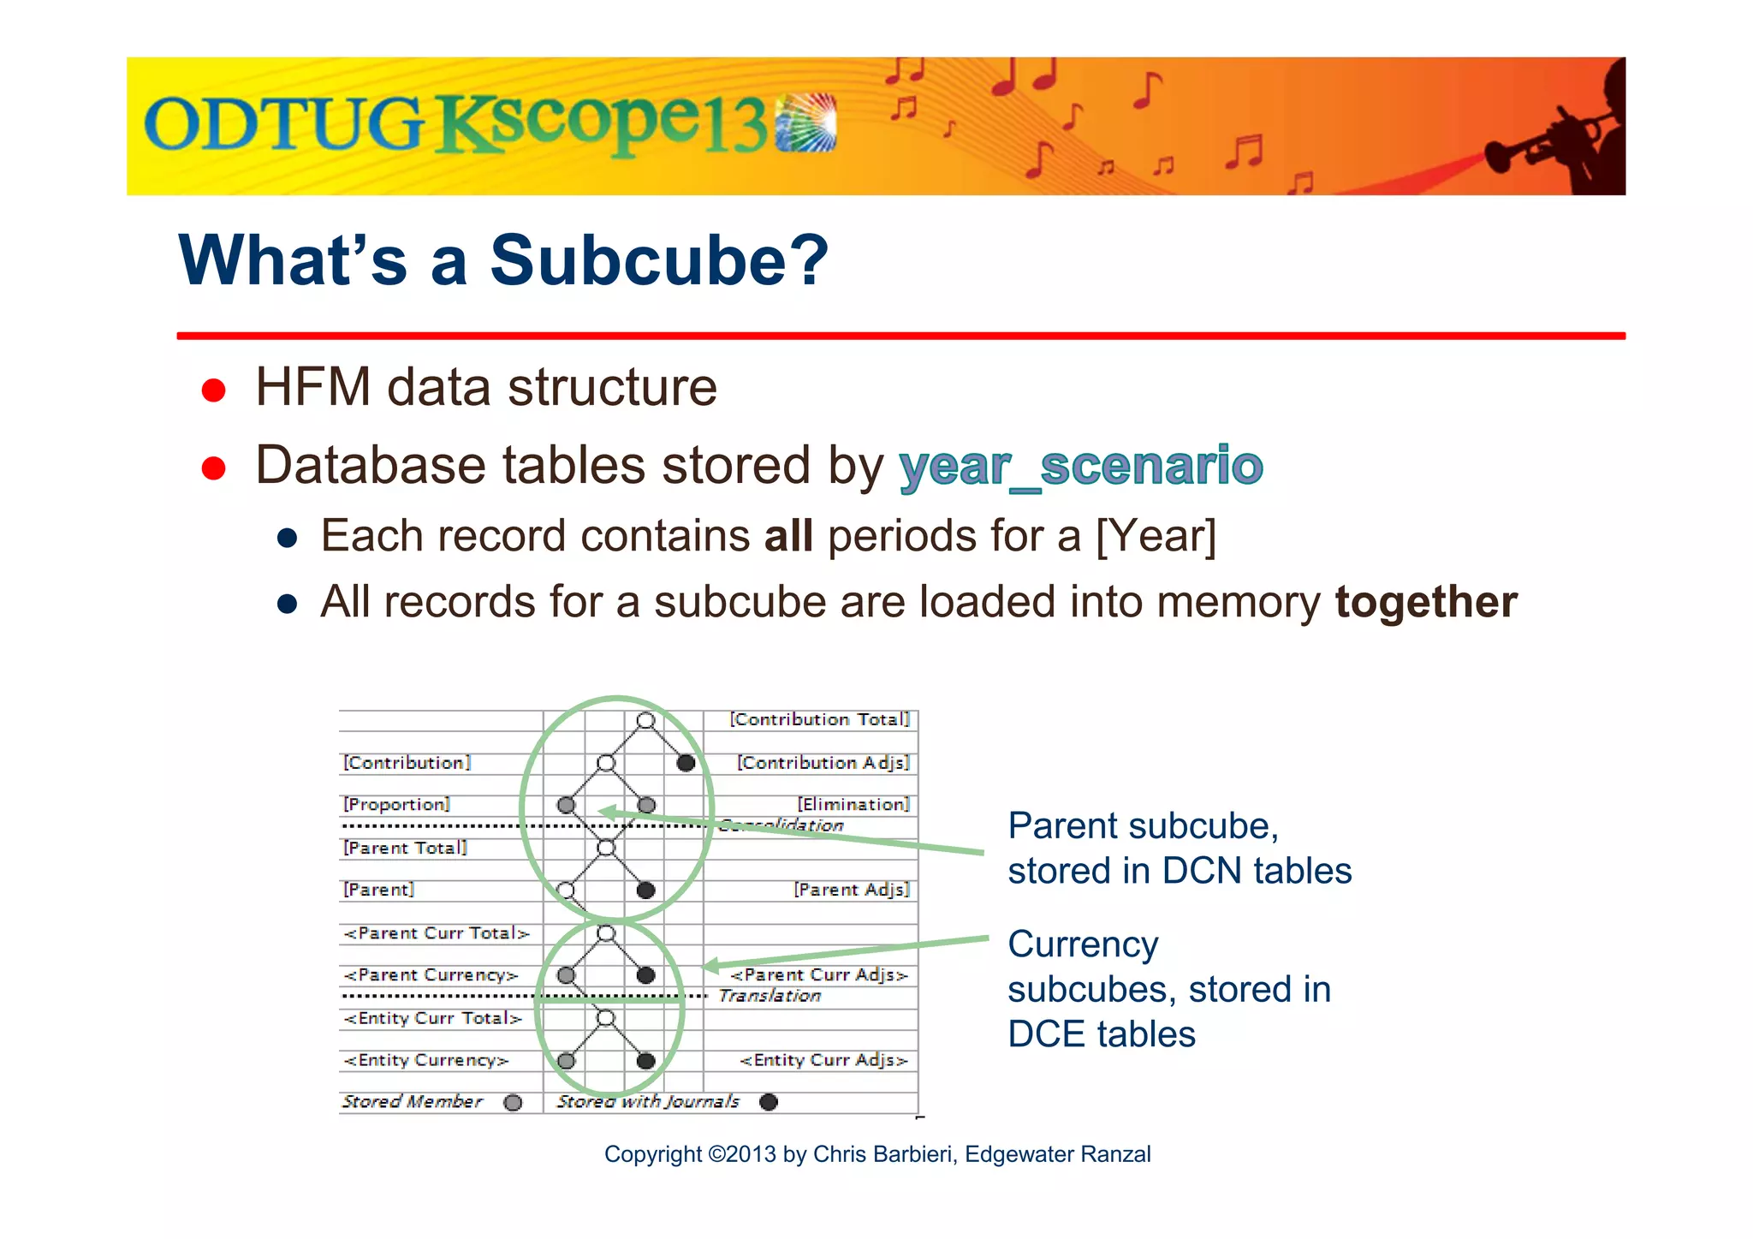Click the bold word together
tap(1426, 602)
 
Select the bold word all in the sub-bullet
tap(788, 537)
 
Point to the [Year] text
tap(1156, 537)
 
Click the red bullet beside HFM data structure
tap(213, 390)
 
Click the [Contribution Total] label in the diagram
tap(819, 719)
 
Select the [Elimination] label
tap(853, 804)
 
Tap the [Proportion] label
tap(396, 804)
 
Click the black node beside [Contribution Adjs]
tap(686, 762)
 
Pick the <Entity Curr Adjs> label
tap(823, 1060)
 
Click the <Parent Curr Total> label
tap(437, 933)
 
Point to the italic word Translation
tap(770, 996)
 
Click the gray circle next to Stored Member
tap(513, 1102)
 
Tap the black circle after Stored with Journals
tap(769, 1102)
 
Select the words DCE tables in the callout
tap(1101, 1034)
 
